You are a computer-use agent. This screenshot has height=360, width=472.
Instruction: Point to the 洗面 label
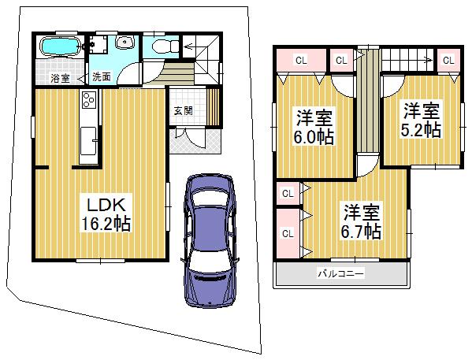coord(101,77)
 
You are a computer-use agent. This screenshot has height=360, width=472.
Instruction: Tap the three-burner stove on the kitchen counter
coord(87,101)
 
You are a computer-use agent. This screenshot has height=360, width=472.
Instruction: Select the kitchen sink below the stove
coord(88,142)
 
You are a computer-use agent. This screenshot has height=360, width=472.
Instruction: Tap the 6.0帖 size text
coord(314,138)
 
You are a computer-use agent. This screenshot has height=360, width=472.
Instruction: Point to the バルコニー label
coord(340,274)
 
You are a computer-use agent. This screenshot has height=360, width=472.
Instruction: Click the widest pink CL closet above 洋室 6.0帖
coord(300,60)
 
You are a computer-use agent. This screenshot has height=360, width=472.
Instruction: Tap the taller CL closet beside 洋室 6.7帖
coord(288,233)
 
